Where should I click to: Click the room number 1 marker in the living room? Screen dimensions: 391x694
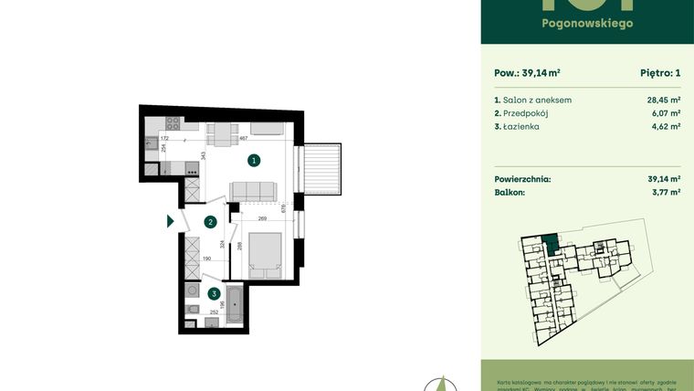(254, 160)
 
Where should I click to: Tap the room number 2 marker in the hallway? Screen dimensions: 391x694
(210, 221)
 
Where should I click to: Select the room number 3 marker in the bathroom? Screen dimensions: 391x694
(213, 294)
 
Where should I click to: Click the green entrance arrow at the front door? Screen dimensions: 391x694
(170, 220)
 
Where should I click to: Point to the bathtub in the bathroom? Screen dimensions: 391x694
(234, 303)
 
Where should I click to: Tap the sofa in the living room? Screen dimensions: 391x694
(253, 191)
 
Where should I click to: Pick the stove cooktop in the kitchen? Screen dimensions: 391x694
(192, 168)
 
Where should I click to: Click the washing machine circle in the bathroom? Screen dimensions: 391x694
(192, 290)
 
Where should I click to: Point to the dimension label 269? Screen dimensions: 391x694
(261, 219)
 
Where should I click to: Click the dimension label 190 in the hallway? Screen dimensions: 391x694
(207, 259)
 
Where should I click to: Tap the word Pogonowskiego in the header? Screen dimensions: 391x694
(586, 23)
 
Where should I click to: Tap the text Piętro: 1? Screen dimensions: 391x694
(656, 72)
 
